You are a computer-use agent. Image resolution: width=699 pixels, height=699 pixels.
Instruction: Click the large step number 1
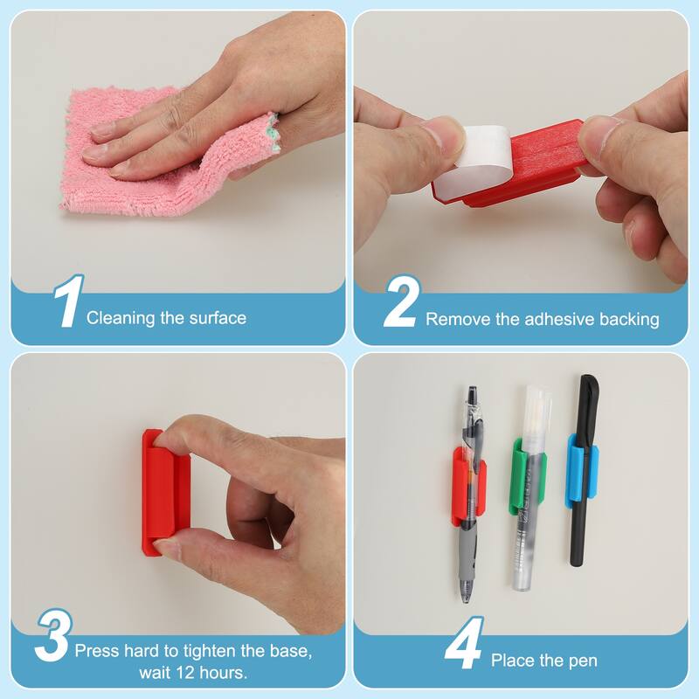68,303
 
